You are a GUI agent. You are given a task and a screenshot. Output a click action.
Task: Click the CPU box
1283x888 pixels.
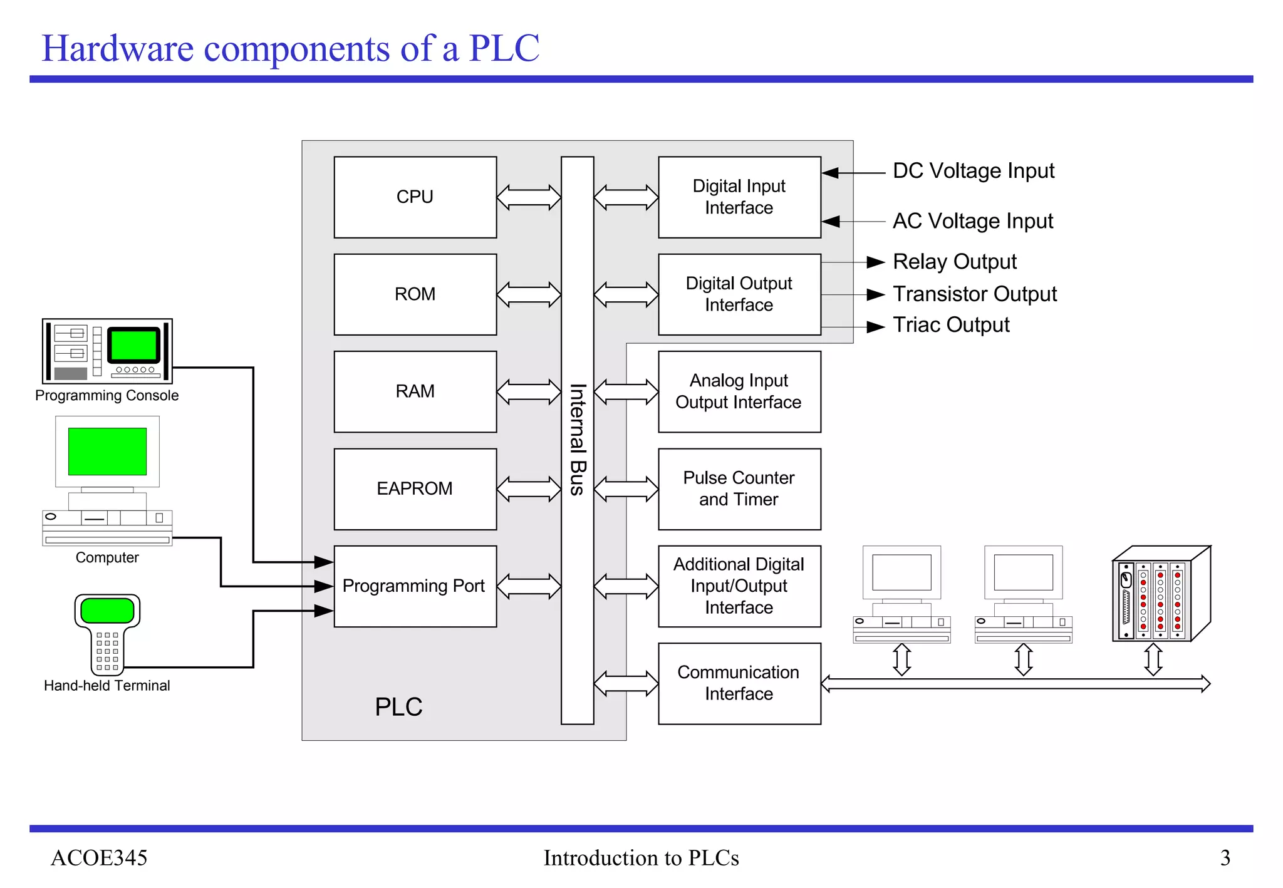pyautogui.click(x=415, y=197)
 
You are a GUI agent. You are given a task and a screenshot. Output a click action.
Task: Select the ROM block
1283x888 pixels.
pyautogui.click(x=415, y=294)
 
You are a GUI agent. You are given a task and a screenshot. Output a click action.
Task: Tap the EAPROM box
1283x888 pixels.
pyautogui.click(x=415, y=488)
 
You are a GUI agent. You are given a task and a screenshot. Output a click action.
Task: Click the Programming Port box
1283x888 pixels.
pyautogui.click(x=415, y=586)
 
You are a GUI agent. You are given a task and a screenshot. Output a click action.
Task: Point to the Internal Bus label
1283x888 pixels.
pyautogui.click(x=577, y=440)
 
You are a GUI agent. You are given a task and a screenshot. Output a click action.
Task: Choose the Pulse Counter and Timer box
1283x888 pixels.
pyautogui.click(x=739, y=488)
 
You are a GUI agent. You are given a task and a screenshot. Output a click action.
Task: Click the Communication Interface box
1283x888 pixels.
pyautogui.click(x=739, y=683)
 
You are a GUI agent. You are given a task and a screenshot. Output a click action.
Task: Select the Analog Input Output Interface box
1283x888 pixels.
pyautogui.click(x=739, y=391)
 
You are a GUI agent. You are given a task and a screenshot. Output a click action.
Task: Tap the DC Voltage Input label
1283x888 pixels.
pyautogui.click(x=973, y=171)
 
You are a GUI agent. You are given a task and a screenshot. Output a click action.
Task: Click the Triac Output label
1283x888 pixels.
pyautogui.click(x=950, y=325)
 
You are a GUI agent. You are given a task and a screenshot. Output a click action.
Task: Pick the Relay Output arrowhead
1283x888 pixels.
pyautogui.click(x=876, y=262)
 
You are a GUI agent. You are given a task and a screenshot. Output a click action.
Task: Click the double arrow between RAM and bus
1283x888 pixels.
pyautogui.click(x=529, y=392)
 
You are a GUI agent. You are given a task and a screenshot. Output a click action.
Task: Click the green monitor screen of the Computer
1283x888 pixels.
pyautogui.click(x=107, y=452)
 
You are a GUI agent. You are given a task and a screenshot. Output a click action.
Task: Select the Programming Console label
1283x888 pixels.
pyautogui.click(x=106, y=396)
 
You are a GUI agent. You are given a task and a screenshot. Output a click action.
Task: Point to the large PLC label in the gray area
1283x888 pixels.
pyautogui.click(x=398, y=707)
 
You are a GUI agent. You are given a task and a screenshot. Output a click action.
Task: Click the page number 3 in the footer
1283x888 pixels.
pyautogui.click(x=1225, y=857)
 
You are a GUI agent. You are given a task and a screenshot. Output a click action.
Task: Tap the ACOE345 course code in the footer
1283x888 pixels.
pyautogui.click(x=99, y=857)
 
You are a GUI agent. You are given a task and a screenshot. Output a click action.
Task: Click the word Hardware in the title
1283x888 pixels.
pyautogui.click(x=118, y=48)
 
